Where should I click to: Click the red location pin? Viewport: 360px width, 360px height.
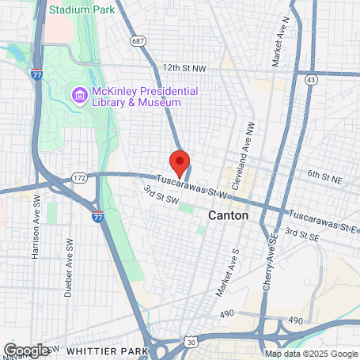pyautogui.click(x=180, y=161)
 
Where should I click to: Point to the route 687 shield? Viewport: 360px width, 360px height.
pyautogui.click(x=139, y=39)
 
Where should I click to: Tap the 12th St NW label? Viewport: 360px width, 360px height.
pyautogui.click(x=184, y=68)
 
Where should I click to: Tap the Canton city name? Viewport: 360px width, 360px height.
pyautogui.click(x=228, y=215)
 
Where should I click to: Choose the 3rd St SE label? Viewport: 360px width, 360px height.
pyautogui.click(x=301, y=235)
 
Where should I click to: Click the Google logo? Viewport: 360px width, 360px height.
pyautogui.click(x=26, y=350)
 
